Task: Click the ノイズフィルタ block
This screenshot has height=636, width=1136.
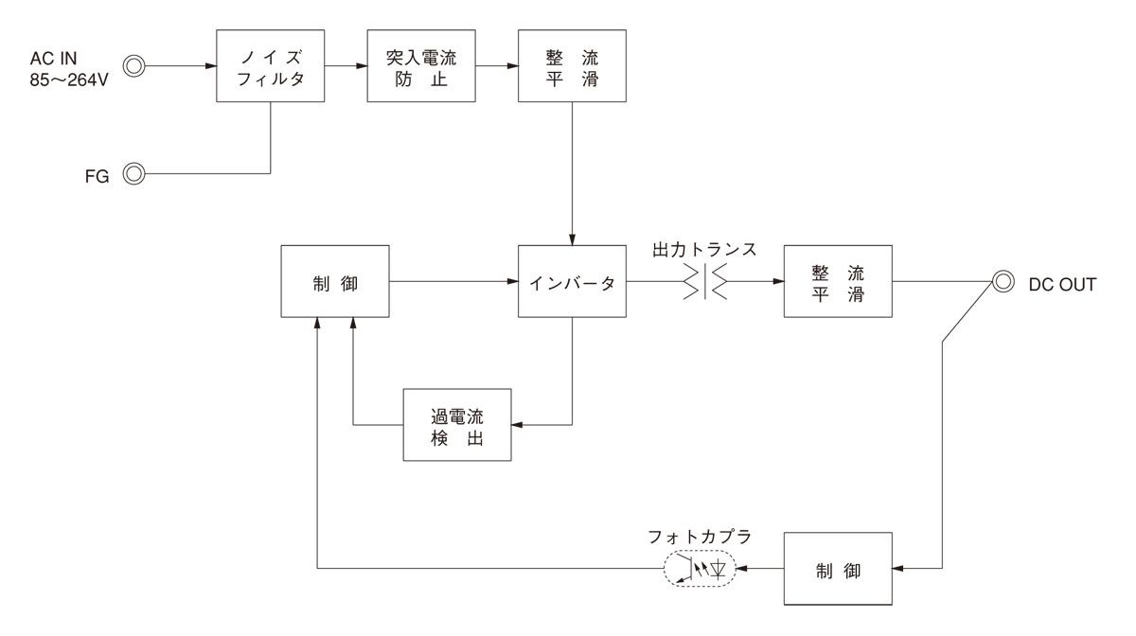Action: point(271,66)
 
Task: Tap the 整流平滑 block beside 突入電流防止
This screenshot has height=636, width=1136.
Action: point(573,66)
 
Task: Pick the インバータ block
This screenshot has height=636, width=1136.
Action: point(573,282)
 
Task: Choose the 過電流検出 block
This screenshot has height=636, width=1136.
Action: point(457,425)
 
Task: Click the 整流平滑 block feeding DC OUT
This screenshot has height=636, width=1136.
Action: point(837,282)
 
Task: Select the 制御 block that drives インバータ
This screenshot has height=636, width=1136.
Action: point(335,282)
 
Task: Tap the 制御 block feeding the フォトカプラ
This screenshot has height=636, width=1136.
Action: point(837,569)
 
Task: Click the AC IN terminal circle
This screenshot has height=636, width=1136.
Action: point(134,66)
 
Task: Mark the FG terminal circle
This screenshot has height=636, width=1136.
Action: point(134,174)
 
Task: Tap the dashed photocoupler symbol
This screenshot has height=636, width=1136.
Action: point(701,569)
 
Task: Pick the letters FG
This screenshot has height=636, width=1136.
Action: point(98,175)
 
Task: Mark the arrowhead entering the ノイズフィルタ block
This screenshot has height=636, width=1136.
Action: point(210,66)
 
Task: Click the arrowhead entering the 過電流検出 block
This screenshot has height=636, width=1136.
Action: point(517,425)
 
